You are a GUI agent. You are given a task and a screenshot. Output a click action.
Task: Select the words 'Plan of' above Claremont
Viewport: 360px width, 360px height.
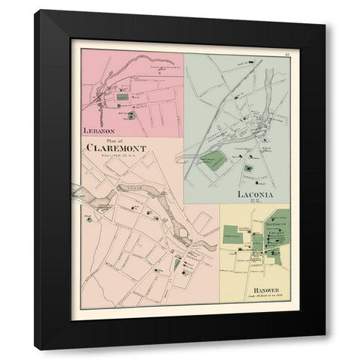tap(118, 139)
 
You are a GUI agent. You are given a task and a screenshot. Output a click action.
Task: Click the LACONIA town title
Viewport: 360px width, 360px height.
tap(253, 194)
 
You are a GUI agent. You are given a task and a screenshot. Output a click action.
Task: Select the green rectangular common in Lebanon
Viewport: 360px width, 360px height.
tap(121, 97)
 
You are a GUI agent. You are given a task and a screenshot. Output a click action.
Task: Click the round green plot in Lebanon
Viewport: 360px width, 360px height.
tap(132, 115)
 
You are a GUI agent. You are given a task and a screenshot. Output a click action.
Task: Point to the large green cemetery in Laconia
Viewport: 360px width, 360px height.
tap(215, 160)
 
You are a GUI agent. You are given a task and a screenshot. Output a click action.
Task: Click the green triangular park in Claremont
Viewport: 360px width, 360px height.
tap(177, 264)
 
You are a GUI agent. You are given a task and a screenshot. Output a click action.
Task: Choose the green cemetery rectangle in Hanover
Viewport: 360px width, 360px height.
tap(230, 233)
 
